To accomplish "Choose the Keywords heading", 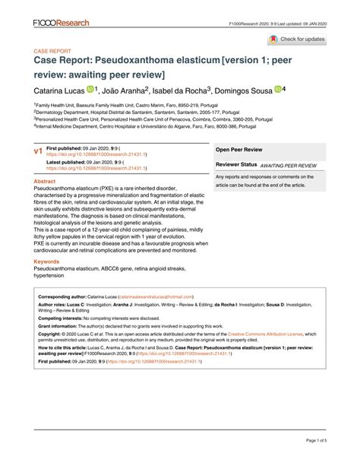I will pos(47,261).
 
